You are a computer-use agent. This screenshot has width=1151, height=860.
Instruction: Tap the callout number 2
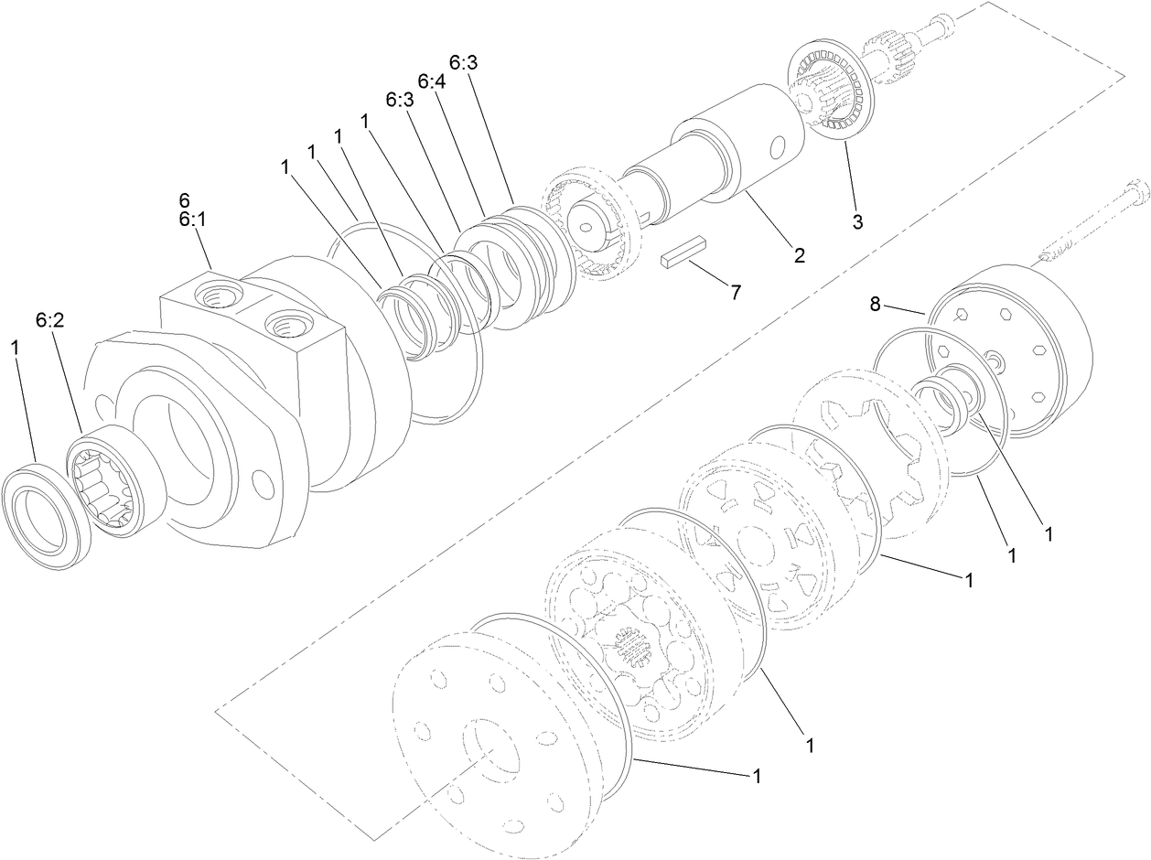[799, 256]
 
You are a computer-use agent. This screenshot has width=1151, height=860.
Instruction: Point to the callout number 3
[857, 220]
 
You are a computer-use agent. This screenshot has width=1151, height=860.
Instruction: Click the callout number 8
[876, 305]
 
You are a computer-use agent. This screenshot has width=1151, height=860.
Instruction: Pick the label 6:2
[51, 319]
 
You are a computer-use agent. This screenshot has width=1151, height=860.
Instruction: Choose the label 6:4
[432, 82]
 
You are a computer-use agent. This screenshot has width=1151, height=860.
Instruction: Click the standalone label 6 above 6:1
[185, 199]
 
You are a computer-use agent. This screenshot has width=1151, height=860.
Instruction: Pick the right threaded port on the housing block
[282, 322]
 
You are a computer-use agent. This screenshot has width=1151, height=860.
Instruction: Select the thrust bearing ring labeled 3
[832, 91]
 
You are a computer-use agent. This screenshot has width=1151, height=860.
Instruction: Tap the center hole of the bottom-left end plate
[492, 749]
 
